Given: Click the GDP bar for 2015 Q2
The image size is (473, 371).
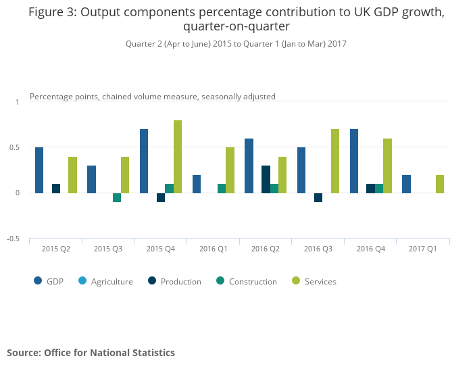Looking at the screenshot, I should click(x=39, y=170).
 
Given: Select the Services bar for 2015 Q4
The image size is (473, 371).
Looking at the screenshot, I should click(x=178, y=156).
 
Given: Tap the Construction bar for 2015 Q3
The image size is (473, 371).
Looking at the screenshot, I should click(x=117, y=197).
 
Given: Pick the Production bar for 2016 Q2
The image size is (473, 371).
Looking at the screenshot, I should click(x=266, y=179).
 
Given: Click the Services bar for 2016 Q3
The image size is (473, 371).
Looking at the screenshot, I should click(x=335, y=161).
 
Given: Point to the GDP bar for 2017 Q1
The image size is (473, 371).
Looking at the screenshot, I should click(x=406, y=184).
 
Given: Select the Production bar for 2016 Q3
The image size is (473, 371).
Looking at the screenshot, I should click(x=318, y=197).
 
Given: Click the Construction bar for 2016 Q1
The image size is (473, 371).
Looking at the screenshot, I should click(x=222, y=188).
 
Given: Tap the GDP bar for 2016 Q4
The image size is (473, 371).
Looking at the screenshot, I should click(x=353, y=161).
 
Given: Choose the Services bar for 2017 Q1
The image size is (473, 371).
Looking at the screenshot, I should click(x=440, y=184).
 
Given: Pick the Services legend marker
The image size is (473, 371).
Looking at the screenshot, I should click(x=295, y=281).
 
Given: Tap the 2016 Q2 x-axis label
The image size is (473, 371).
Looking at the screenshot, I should click(x=266, y=249).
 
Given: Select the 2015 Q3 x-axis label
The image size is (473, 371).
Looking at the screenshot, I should click(x=108, y=249).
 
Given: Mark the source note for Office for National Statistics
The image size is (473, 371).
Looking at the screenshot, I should click(x=91, y=352).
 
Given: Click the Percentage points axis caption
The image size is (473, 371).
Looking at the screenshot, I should click(x=153, y=97).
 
